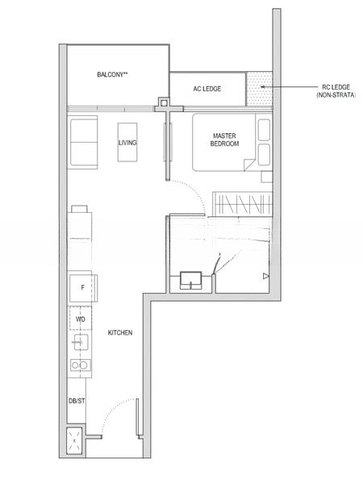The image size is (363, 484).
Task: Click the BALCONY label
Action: point(112,74)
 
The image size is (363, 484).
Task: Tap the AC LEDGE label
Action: point(207,89)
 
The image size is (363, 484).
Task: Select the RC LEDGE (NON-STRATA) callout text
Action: point(336,91)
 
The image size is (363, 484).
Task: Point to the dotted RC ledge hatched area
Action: point(259,89)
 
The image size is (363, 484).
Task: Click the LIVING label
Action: point(127,143)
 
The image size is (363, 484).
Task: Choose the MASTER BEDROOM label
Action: point(224,140)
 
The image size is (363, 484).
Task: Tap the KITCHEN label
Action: point(120,332)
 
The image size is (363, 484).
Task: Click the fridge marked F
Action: point(83,288)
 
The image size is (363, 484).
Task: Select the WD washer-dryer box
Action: point(80,319)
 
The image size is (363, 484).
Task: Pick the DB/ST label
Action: point(77,401)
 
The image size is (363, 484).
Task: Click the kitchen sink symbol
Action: point(81,342)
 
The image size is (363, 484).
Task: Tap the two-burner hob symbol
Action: point(80,365)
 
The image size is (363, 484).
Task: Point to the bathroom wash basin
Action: point(190,280)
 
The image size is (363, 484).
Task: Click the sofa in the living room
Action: point(84,142)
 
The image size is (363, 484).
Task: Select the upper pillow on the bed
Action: point(265,130)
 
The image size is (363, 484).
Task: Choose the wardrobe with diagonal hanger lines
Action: point(243,204)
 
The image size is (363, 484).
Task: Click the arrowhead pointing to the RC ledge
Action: point(262,87)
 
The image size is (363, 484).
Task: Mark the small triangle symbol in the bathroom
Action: point(266,276)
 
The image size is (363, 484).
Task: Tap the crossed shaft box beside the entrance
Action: point(74,440)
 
